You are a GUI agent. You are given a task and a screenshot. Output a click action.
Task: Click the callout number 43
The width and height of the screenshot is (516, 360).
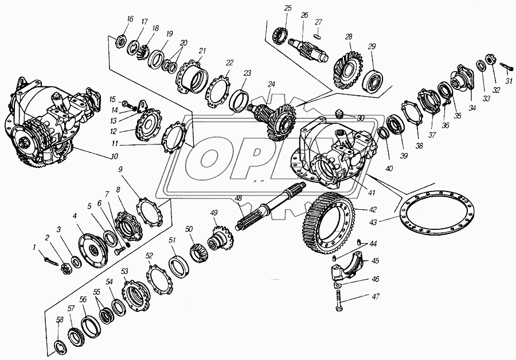(x=373, y=223)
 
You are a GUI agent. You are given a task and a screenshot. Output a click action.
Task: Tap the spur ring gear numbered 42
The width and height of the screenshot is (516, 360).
(x=327, y=226)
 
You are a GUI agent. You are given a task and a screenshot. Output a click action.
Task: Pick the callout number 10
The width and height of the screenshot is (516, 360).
(x=114, y=156)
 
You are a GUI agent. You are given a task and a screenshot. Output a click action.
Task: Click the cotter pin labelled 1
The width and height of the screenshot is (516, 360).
(x=49, y=260)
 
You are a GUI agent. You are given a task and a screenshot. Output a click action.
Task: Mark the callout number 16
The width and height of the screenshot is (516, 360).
(x=130, y=19)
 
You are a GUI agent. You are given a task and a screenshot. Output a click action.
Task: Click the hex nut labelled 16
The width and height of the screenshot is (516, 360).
(x=121, y=41)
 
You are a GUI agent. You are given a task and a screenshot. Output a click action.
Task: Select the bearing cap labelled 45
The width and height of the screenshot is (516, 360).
(x=347, y=268)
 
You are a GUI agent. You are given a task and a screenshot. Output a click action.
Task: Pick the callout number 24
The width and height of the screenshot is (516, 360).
(x=271, y=84)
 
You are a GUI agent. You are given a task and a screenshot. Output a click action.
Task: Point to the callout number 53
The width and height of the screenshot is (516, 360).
(x=124, y=272)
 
